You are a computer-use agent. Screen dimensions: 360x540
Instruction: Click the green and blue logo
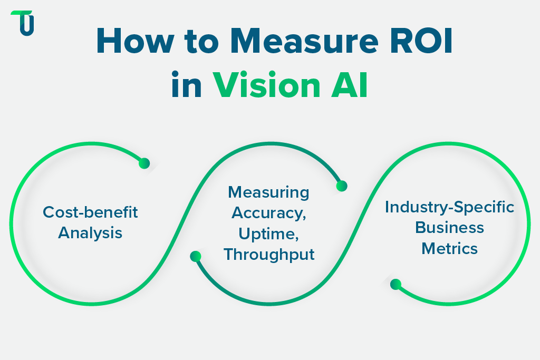coord(22,23)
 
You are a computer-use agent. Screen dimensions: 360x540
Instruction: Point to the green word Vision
coord(268,85)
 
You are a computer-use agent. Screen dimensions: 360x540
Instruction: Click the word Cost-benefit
coord(90,212)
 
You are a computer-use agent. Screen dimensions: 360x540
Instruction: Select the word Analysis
coord(90,232)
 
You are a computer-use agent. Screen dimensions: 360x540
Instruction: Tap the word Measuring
coord(268,192)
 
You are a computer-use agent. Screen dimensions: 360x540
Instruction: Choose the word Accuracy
coord(268,213)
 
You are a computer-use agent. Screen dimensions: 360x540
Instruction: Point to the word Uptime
coord(268,233)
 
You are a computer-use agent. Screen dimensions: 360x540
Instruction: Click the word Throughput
coord(269,255)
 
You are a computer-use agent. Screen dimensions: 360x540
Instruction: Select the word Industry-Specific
coord(449,207)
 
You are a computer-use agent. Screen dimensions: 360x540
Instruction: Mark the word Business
coord(449,227)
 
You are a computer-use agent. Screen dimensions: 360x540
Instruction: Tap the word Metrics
coord(449,248)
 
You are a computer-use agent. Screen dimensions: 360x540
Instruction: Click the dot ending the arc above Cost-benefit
coord(144,163)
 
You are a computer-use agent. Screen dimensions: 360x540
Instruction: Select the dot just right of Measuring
coord(342,186)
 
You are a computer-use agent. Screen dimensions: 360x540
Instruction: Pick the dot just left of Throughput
coord(196,257)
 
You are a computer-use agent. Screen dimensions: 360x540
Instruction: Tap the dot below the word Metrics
coord(396,285)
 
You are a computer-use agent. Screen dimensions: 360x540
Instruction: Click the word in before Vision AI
coord(187,85)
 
